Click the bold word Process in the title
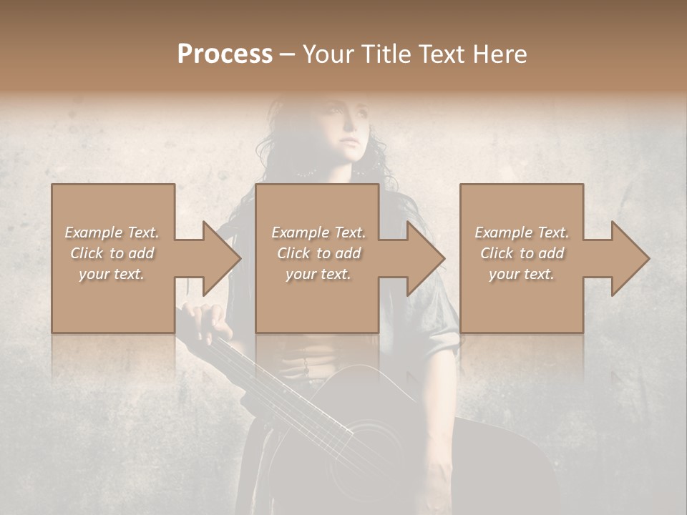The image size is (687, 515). coord(225,54)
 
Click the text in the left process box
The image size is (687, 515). coord(112,253)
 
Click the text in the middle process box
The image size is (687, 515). coord(318,253)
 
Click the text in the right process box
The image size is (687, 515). coord(522,253)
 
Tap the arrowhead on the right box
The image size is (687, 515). coord(630,258)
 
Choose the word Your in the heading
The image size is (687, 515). coord(326,54)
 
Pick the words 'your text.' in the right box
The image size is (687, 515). coord(522,274)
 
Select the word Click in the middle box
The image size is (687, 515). coord(293,253)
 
